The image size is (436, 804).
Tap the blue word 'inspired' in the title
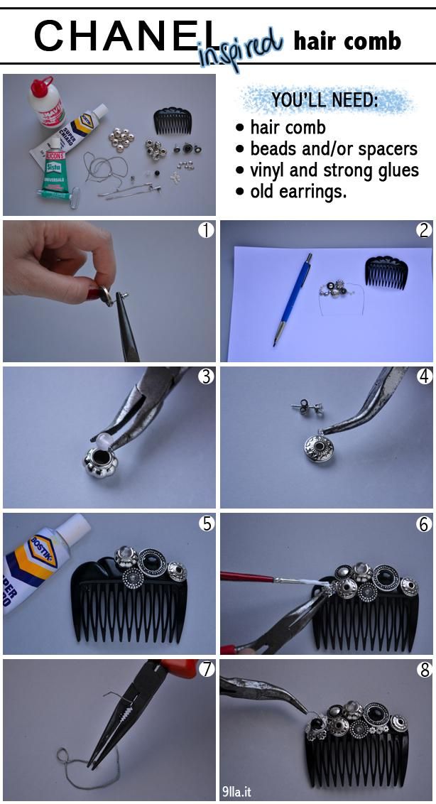(241, 50)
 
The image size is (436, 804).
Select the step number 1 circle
(206, 231)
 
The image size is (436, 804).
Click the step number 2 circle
(424, 231)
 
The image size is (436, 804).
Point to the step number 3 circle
(206, 377)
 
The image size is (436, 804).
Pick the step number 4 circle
(424, 377)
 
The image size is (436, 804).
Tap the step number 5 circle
(206, 523)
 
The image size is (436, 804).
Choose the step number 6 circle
(424, 523)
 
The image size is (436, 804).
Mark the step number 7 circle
(206, 669)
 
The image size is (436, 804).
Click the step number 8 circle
(424, 669)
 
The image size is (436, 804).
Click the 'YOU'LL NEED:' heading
(325, 100)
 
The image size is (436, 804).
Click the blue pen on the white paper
(293, 299)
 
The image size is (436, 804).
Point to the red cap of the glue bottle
(41, 87)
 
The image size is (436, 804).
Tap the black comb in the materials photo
(173, 121)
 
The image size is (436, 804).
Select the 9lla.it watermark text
(237, 792)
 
